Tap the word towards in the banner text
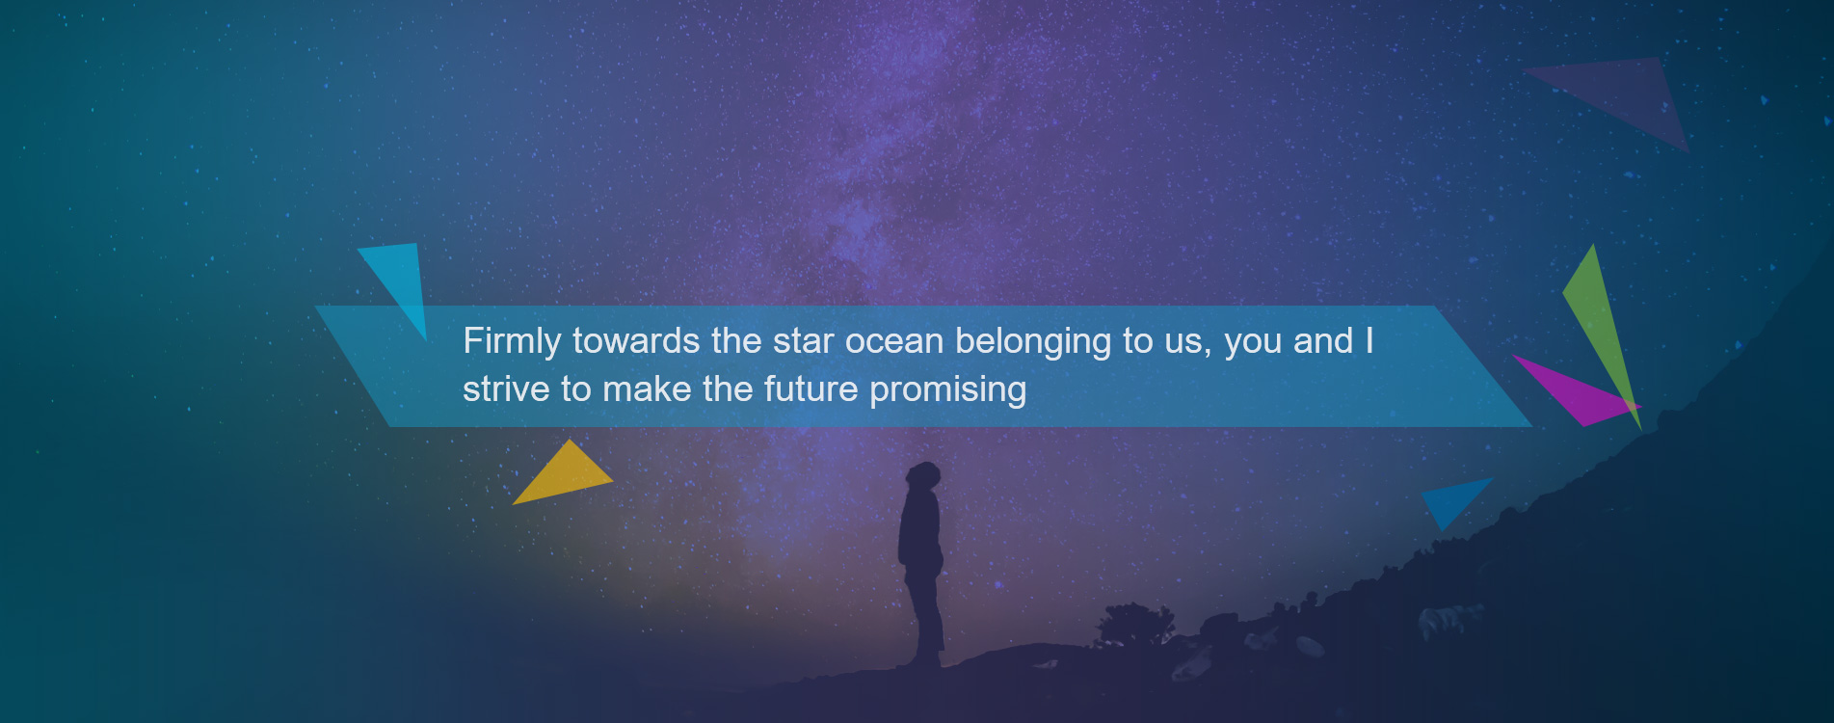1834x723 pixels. pyautogui.click(x=636, y=341)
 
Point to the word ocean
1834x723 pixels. pyautogui.click(x=894, y=342)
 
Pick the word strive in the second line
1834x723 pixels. pyautogui.click(x=506, y=389)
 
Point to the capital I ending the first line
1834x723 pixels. pyautogui.click(x=1369, y=341)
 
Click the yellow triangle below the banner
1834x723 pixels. pyautogui.click(x=565, y=474)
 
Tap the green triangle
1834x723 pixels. pyautogui.click(x=1603, y=333)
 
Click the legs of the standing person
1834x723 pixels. pyautogui.click(x=925, y=617)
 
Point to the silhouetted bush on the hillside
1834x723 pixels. pyautogui.click(x=1135, y=624)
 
